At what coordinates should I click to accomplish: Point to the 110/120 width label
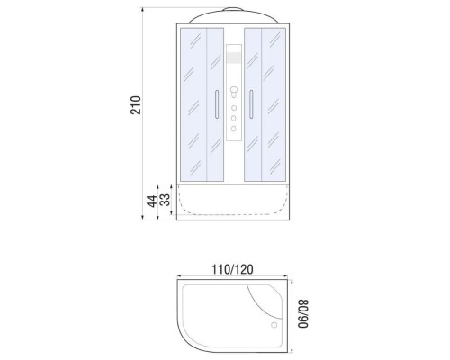pos(232,269)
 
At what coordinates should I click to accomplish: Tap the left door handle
pos(215,104)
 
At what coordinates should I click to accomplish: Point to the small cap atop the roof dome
pos(234,8)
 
